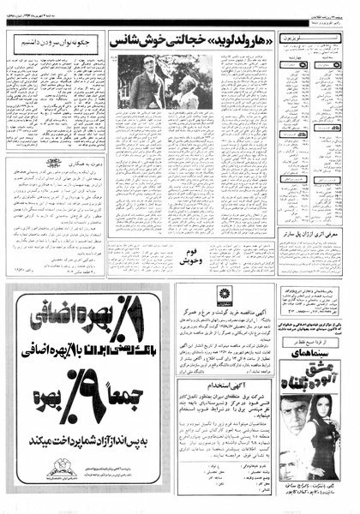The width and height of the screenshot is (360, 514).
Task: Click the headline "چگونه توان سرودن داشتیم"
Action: (53, 39)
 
